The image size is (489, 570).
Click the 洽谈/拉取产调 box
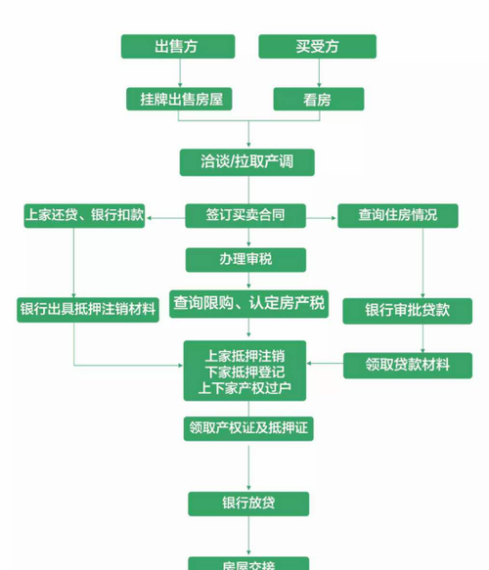pyautogui.click(x=249, y=161)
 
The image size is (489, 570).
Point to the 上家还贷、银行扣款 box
pyautogui.click(x=84, y=215)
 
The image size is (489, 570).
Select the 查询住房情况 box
pyautogui.click(x=398, y=215)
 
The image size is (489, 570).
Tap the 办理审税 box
pyautogui.click(x=245, y=259)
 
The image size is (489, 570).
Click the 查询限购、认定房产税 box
pyautogui.click(x=248, y=303)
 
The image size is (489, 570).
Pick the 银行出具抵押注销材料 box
pyautogui.click(x=87, y=310)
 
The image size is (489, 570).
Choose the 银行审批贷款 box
pyautogui.click(x=408, y=310)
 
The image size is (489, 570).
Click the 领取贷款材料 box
pyautogui.click(x=408, y=365)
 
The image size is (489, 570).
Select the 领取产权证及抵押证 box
pyautogui.click(x=248, y=427)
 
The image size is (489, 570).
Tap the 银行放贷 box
pyautogui.click(x=248, y=504)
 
